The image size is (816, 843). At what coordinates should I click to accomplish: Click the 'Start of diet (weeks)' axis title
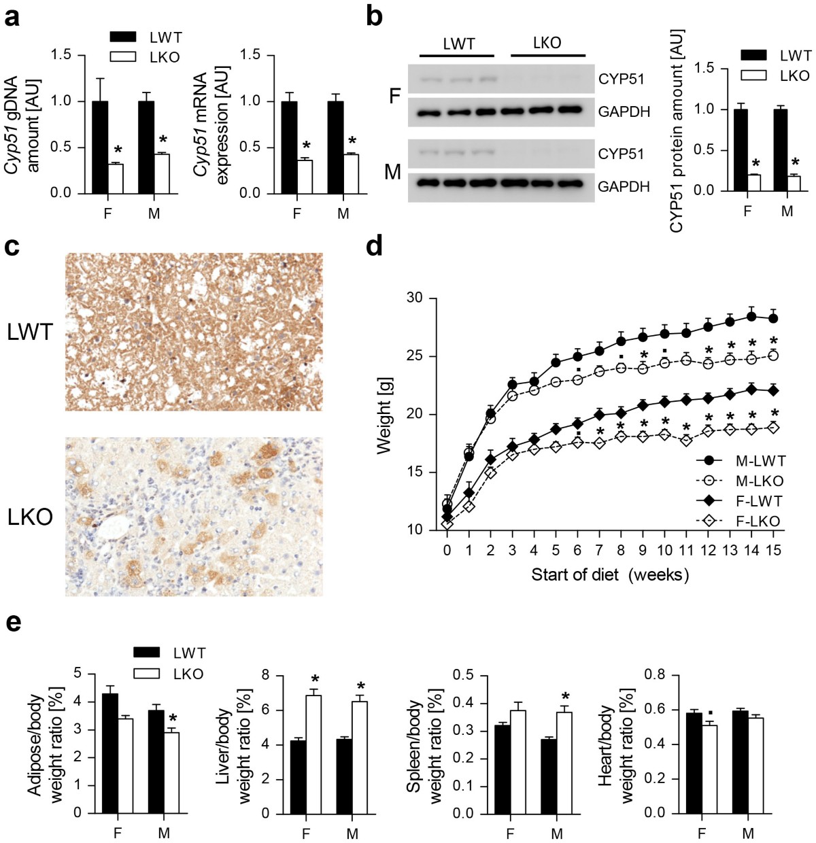tap(610, 575)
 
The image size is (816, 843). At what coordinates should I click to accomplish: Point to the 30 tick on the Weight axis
tap(414, 298)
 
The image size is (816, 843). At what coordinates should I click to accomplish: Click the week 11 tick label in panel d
tap(686, 550)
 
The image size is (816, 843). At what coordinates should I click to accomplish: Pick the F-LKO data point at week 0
tap(447, 524)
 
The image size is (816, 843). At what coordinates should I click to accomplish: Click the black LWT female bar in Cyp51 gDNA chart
tap(100, 147)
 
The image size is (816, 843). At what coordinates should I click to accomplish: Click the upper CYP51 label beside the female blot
tap(620, 79)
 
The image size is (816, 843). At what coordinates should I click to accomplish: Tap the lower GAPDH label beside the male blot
tap(624, 186)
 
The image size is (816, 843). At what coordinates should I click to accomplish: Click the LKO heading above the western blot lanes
tap(547, 43)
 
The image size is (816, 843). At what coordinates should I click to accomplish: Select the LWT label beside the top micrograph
tap(30, 332)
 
